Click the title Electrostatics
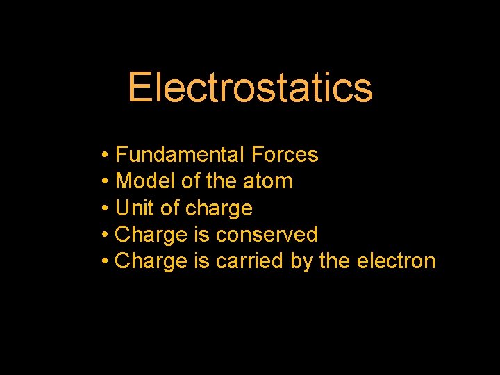tap(250, 88)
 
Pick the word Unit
tap(132, 208)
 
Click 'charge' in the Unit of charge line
tap(219, 208)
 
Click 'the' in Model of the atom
tap(222, 181)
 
